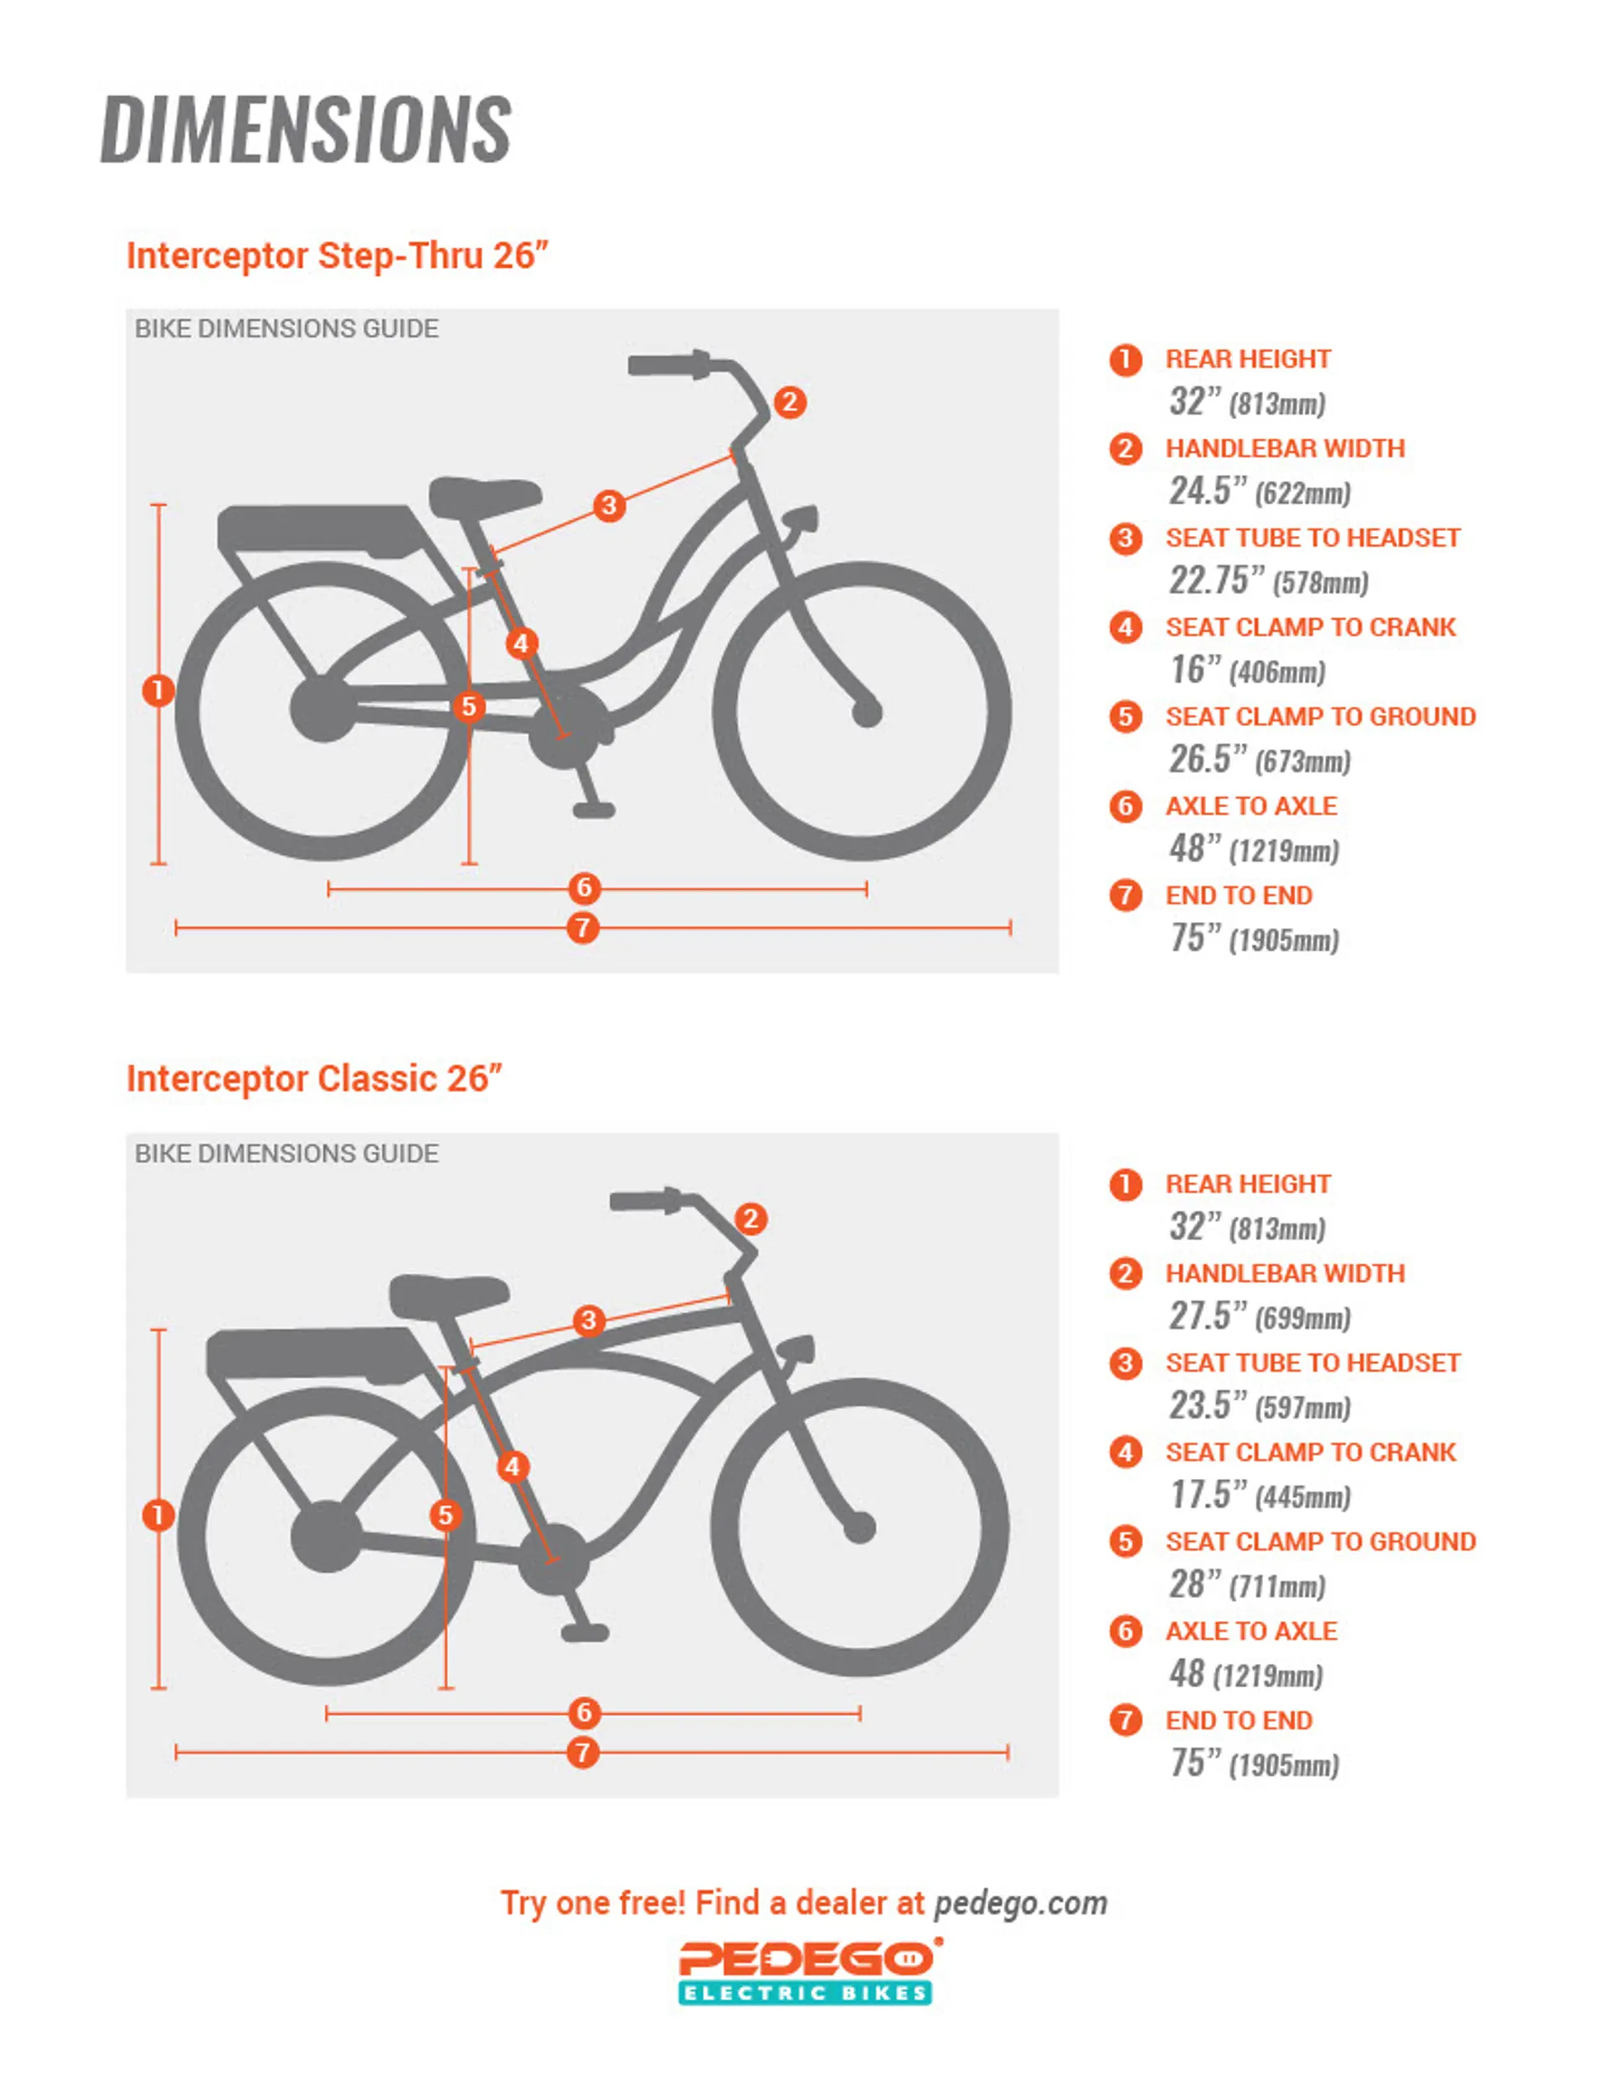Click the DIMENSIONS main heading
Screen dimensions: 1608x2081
point(306,130)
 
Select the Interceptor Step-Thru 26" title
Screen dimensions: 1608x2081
point(338,255)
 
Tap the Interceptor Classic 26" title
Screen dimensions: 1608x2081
point(315,1079)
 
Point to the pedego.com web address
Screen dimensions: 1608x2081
point(1020,1903)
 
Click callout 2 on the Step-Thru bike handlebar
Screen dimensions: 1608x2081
point(789,402)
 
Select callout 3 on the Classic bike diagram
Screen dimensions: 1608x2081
point(589,1321)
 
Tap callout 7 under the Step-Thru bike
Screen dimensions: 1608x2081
point(582,927)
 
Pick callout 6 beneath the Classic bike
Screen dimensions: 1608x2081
point(585,1713)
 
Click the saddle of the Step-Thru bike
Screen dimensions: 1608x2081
point(485,497)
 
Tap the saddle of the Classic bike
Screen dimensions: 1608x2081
point(448,1295)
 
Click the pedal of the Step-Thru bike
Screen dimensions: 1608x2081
point(593,811)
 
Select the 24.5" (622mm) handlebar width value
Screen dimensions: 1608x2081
point(1259,491)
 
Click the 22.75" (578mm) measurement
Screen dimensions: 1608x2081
point(1268,580)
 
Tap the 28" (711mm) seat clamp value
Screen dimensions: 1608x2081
point(1247,1584)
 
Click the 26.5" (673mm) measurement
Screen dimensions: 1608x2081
point(1259,760)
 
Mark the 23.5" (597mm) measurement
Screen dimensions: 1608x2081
point(1259,1405)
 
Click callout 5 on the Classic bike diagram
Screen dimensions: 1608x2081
point(445,1515)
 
